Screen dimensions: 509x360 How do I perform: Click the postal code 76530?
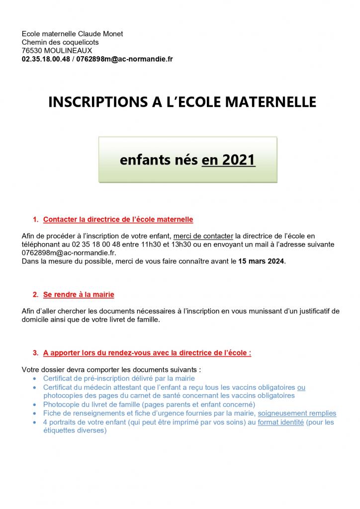(x=31, y=51)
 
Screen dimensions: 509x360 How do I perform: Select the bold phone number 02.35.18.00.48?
(x=46, y=59)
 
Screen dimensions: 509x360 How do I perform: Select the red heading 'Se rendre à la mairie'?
(x=79, y=295)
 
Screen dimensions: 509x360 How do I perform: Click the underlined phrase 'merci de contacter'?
(x=203, y=236)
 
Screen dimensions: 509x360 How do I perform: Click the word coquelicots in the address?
(x=81, y=42)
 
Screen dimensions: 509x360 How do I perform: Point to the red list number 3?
(x=35, y=353)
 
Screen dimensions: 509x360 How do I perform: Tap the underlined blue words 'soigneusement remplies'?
(x=297, y=413)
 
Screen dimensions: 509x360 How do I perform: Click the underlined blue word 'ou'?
(x=301, y=387)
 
